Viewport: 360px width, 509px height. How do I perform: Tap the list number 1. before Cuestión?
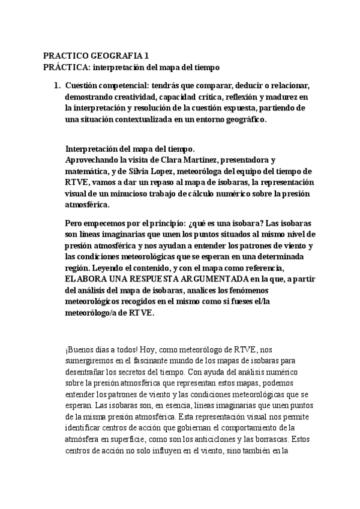click(x=58, y=86)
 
